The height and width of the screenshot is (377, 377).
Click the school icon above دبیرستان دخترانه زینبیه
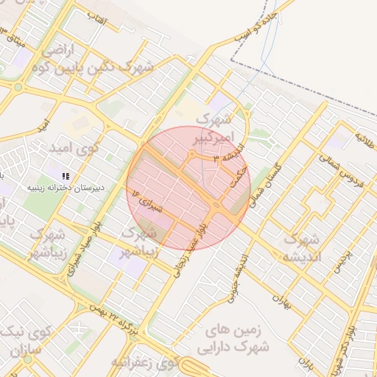tap(66, 175)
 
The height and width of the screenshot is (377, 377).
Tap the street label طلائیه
tap(366, 138)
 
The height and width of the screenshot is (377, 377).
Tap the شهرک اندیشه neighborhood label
tap(301, 249)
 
